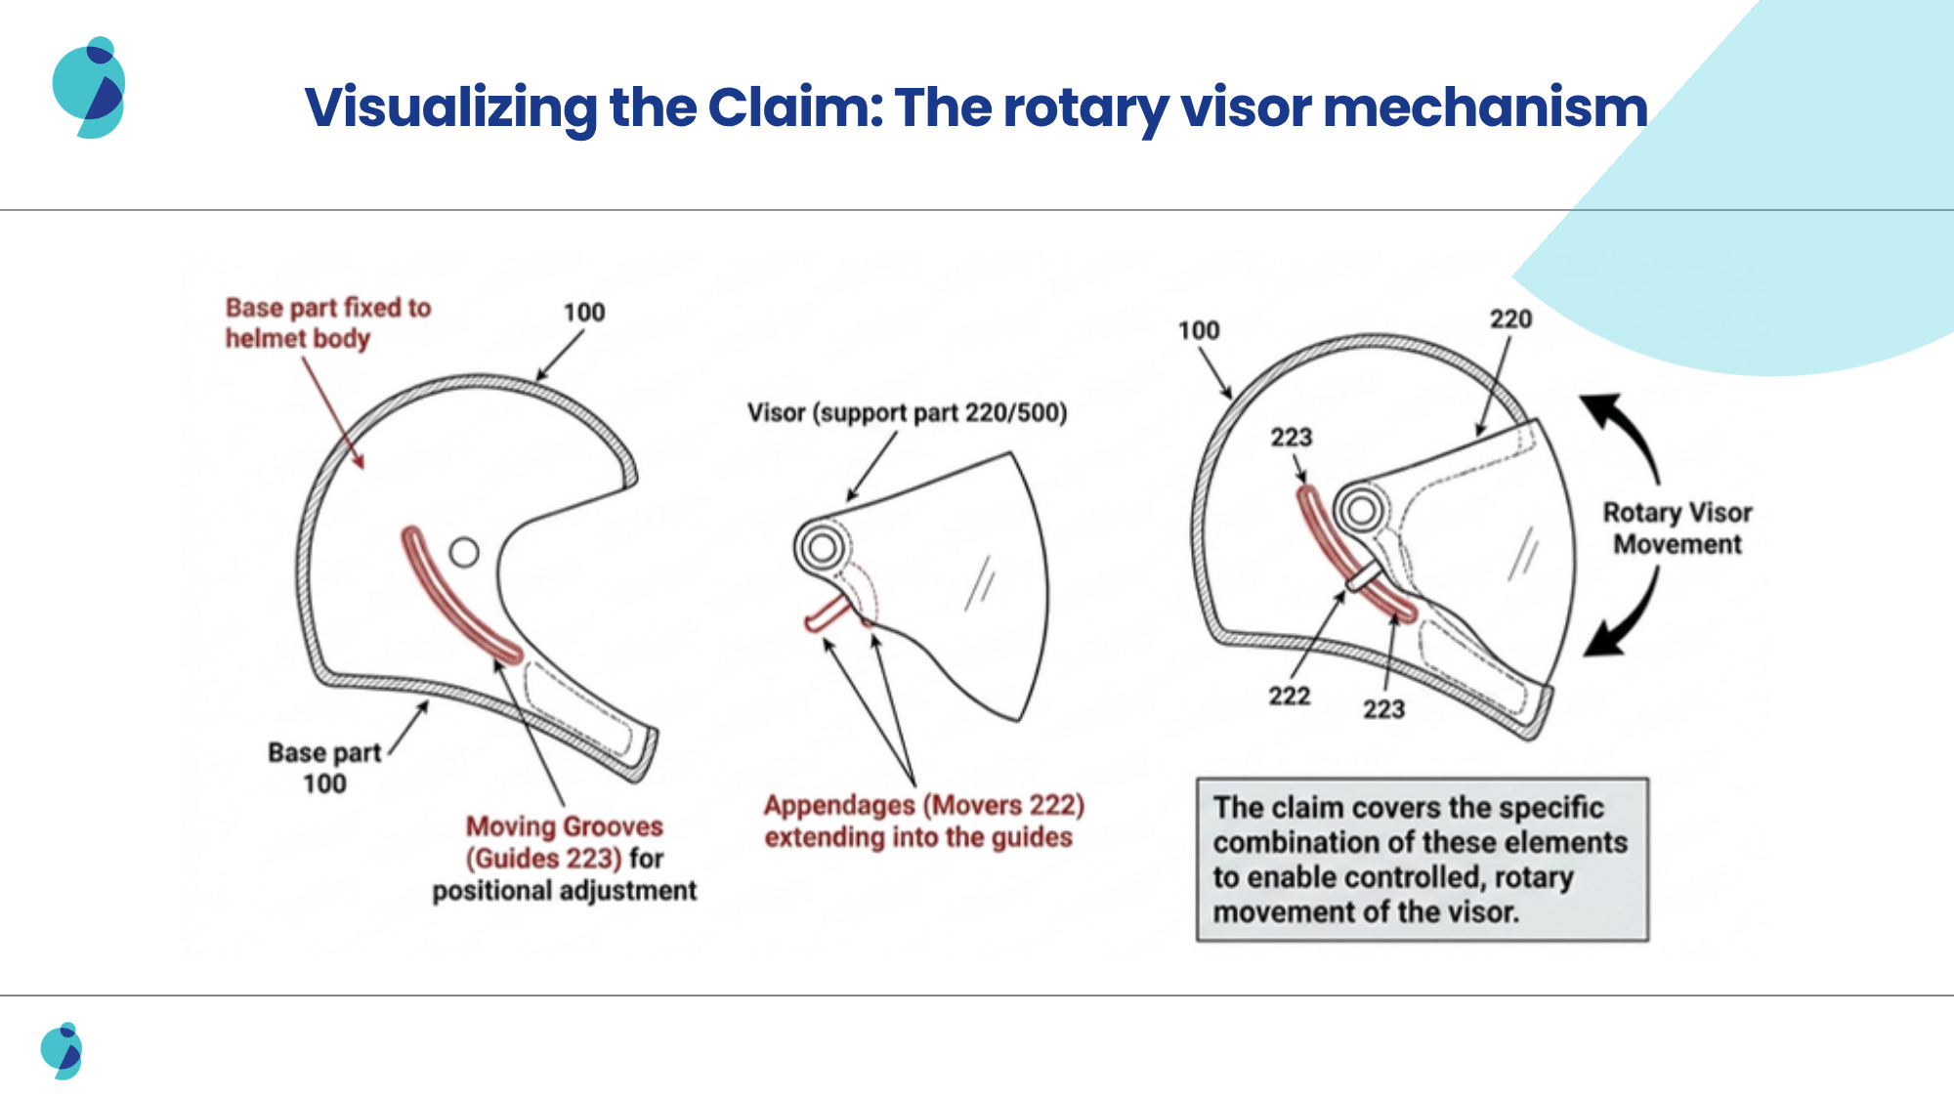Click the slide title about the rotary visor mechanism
click(x=976, y=107)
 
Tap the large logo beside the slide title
click(x=89, y=88)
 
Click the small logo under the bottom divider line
click(x=62, y=1051)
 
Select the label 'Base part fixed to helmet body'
click(x=328, y=322)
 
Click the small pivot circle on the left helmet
click(x=464, y=553)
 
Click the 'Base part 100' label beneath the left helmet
click(x=324, y=768)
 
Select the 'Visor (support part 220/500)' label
click(x=908, y=412)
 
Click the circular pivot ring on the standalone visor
click(x=822, y=547)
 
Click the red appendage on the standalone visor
click(x=828, y=613)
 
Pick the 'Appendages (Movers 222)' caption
click(x=924, y=821)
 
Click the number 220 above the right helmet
click(x=1510, y=319)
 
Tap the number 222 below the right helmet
click(x=1290, y=696)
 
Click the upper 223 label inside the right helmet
click(x=1292, y=437)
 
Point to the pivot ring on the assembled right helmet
click(x=1362, y=509)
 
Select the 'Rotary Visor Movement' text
click(x=1678, y=528)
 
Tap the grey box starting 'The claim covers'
click(x=1423, y=860)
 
